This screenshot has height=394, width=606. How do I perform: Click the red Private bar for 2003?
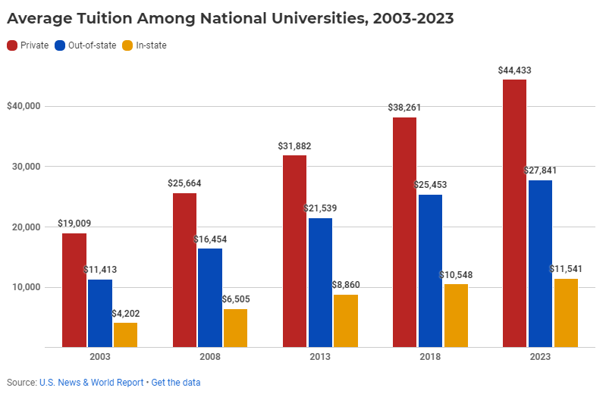[x=74, y=290]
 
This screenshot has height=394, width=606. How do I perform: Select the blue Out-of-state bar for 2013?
[x=320, y=283]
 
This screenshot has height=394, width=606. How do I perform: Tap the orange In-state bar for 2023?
[x=566, y=313]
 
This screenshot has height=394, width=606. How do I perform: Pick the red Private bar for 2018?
[x=404, y=232]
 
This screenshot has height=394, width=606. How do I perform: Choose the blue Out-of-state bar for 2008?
[x=210, y=298]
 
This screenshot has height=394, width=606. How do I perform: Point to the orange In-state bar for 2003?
[x=125, y=335]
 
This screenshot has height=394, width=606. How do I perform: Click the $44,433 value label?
[x=514, y=70]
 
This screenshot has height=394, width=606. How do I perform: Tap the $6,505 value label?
[x=235, y=299]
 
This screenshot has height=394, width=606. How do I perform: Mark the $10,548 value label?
[x=456, y=274]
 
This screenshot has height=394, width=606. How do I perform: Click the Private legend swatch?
[x=12, y=45]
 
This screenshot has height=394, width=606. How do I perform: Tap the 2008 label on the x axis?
[x=210, y=357]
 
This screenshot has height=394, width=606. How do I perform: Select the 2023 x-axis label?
[x=540, y=357]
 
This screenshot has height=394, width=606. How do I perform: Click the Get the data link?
[x=176, y=383]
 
